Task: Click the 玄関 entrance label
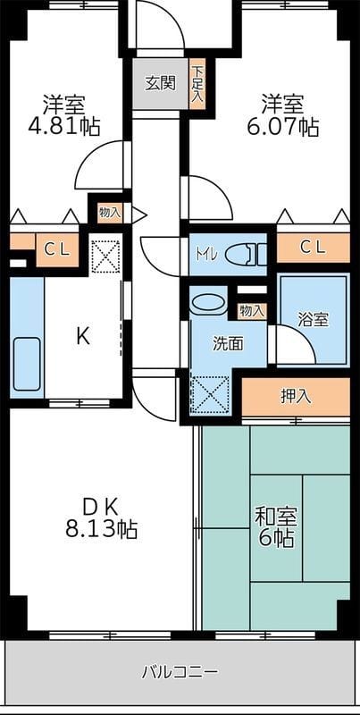[160, 84]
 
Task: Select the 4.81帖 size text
[68, 126]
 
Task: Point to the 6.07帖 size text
[283, 126]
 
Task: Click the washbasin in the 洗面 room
[209, 303]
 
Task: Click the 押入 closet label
[295, 396]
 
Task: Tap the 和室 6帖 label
[276, 527]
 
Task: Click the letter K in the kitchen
[82, 337]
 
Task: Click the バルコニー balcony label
[180, 671]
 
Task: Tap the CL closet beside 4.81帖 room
[55, 249]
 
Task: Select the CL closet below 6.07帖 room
[312, 246]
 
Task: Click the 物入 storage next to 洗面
[251, 311]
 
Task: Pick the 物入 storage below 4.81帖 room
[110, 213]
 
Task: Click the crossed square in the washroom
[209, 393]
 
